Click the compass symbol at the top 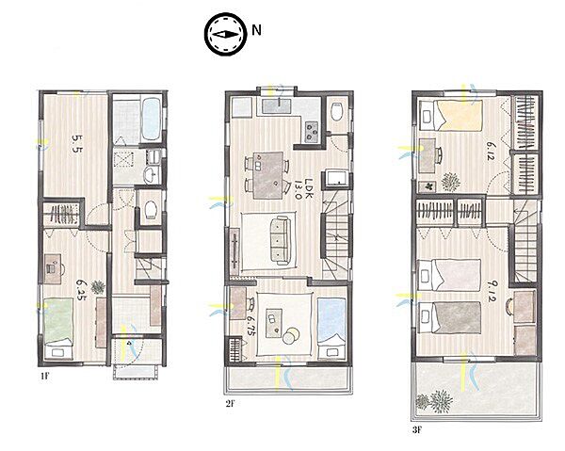click(226, 35)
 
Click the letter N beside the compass click(256, 30)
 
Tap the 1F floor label click(44, 377)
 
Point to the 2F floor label click(231, 404)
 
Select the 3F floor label click(417, 429)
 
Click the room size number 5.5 click(76, 143)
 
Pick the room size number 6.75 click(250, 326)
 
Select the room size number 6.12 click(490, 152)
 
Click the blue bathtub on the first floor click(151, 120)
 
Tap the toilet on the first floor click(151, 209)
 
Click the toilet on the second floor click(337, 112)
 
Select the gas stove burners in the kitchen click(312, 132)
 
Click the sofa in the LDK click(280, 241)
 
